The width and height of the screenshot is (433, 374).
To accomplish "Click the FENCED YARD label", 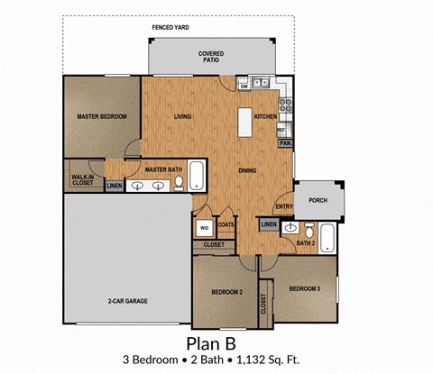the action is [170, 28].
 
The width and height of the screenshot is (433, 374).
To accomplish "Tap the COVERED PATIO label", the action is [211, 57].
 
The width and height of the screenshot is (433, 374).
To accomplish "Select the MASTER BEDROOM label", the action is [102, 116].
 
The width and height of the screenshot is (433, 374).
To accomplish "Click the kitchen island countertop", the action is [244, 123].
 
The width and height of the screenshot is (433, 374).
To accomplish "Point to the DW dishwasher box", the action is [244, 87].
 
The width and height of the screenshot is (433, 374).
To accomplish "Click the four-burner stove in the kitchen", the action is [285, 105].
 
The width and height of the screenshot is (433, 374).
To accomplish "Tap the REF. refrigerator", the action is [284, 130].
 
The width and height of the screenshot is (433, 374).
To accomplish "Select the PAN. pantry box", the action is [285, 143].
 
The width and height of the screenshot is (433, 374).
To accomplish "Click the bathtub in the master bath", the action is [197, 176].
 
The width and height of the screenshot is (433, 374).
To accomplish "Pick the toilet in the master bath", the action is [179, 184].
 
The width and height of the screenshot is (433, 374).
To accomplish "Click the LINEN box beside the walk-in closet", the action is [115, 186].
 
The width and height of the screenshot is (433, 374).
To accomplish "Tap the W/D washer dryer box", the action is [205, 228].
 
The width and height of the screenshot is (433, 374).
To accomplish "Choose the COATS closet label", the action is [226, 224].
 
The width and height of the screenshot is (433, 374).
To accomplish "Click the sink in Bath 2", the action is [290, 228].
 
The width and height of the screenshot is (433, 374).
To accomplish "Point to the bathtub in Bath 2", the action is [327, 238].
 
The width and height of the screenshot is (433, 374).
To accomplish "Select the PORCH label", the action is [318, 200].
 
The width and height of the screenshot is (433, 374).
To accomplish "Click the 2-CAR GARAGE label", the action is [128, 301].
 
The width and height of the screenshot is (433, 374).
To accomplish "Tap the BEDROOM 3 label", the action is [305, 289].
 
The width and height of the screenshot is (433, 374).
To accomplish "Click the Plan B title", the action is [211, 343].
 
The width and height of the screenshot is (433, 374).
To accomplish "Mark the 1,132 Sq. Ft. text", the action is [268, 360].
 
